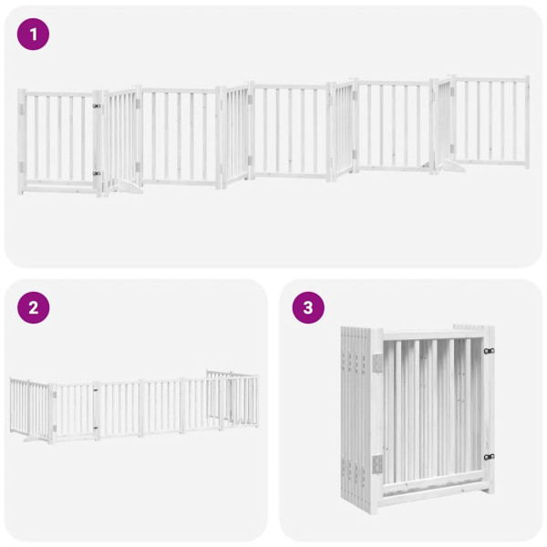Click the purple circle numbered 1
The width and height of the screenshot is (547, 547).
(34, 35)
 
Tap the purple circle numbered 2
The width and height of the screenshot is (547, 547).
(34, 307)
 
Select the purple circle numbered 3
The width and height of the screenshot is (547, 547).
(308, 307)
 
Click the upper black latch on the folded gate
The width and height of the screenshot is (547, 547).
(489, 350)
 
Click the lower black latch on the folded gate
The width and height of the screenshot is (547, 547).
(489, 457)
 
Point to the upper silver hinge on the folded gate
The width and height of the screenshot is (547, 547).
(377, 363)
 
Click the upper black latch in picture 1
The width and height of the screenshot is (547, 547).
(96, 106)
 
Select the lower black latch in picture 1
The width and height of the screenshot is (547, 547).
(96, 172)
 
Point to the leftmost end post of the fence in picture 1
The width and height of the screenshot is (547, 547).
(22, 141)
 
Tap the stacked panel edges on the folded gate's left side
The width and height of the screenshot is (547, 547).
(356, 410)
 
